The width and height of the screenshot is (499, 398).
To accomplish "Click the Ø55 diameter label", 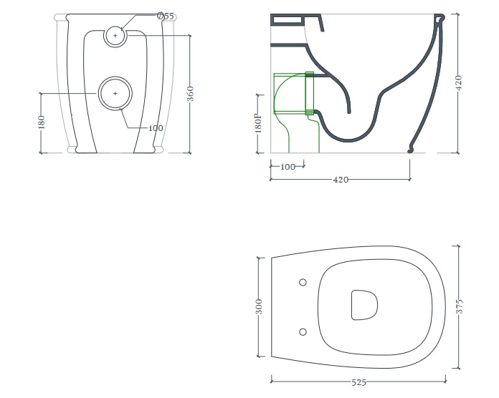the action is [166, 16].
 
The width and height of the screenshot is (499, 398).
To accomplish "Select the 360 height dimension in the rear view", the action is [190, 94].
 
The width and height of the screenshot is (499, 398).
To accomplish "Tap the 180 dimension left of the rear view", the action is [41, 122].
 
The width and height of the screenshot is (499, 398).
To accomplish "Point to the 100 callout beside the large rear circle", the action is [156, 128].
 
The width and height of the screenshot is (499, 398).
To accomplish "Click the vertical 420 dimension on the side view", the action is [458, 82].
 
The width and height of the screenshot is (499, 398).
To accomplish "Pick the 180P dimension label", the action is [258, 123].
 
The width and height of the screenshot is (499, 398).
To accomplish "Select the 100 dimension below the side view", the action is [287, 167].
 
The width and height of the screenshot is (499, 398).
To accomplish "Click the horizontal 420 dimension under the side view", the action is [341, 180].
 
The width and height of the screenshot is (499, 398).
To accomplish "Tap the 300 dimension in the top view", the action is [259, 306].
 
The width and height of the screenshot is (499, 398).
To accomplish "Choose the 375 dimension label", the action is [459, 306].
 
